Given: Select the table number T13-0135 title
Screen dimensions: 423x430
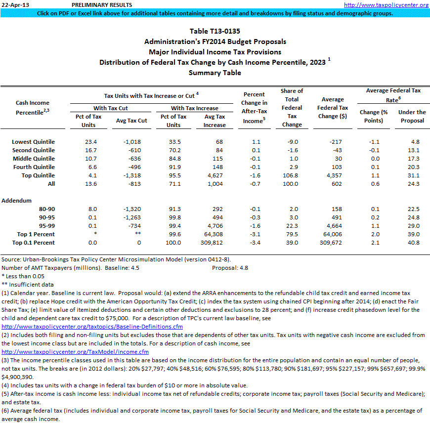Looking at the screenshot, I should (215, 31).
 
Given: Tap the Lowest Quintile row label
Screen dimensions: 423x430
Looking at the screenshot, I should (34, 142).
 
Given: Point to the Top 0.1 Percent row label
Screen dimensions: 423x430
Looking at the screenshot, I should (36, 243).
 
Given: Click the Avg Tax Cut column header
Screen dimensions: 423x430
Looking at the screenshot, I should (131, 121).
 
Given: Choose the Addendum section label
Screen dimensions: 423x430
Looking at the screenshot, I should (17, 201).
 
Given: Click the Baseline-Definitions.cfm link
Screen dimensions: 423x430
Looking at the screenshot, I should (92, 327).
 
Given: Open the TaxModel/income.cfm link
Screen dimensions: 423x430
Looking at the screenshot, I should (75, 352).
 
